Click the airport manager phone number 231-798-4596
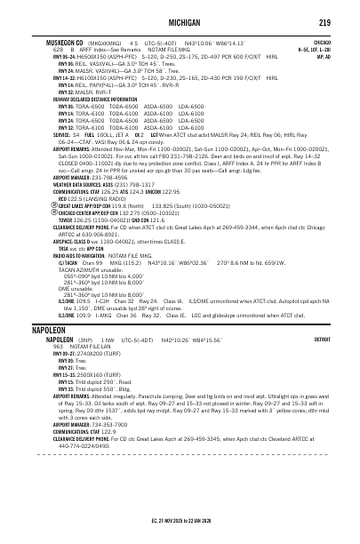coord(98,152)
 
